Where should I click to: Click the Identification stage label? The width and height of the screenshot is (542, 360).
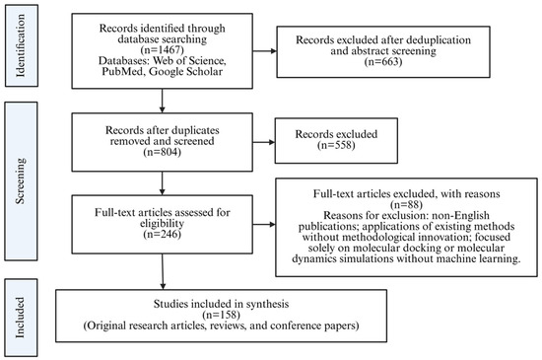coord(21,45)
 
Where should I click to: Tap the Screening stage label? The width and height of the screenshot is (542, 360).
coord(21,180)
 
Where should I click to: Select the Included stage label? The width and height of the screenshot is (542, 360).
coord(21,318)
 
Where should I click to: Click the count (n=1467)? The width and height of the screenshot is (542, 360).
coord(163,49)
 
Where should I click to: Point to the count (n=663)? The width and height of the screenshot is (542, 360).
coord(383,61)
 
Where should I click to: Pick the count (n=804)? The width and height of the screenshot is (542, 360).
coord(163,152)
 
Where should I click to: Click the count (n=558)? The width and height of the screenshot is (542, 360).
coord(336,145)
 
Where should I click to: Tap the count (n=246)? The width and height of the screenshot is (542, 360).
coord(163,234)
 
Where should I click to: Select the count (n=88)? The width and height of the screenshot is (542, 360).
coord(406,204)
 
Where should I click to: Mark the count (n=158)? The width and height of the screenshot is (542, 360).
coord(221,315)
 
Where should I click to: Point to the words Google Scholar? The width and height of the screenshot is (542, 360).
coord(186,71)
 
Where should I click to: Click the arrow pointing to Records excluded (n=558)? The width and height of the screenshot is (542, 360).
coord(264,142)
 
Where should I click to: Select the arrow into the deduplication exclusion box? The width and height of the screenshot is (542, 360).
coord(265,51)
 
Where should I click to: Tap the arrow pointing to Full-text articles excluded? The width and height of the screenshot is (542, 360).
coord(264,225)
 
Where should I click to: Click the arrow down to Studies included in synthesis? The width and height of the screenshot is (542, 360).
coord(163,271)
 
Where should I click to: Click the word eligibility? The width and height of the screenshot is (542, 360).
coord(163,223)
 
